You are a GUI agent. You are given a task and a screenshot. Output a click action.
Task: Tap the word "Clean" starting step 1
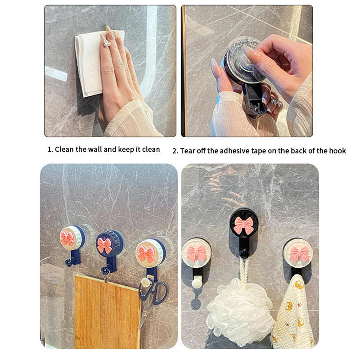point(64,149)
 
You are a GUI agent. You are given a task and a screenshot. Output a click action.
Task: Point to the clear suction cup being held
point(243,60)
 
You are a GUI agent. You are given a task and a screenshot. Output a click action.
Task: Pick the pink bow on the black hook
point(244,225)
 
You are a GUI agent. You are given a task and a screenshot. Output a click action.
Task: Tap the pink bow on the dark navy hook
point(105,245)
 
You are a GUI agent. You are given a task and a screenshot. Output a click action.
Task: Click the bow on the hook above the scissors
point(147,254)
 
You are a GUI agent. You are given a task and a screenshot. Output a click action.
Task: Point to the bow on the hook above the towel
point(300,254)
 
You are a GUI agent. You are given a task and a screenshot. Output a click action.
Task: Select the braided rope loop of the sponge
point(244,271)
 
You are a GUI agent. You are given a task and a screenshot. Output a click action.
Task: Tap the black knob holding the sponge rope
point(244,254)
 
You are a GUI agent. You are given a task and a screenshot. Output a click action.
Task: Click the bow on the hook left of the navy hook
point(67,239)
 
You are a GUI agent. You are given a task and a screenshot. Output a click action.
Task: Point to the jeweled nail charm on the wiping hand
point(107,43)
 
